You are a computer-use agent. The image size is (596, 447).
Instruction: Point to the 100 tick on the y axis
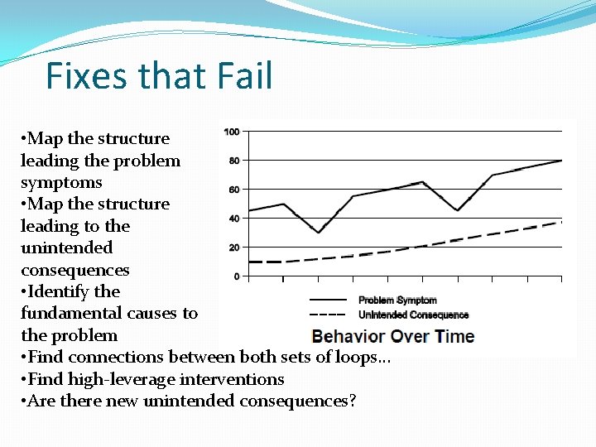[x=232, y=132]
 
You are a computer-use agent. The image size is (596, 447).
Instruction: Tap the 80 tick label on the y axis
[x=234, y=161]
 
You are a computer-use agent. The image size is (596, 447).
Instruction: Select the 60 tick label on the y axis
[x=234, y=190]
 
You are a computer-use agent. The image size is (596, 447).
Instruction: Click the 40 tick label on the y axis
[x=234, y=219]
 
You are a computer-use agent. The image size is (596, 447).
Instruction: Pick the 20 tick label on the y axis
[x=234, y=248]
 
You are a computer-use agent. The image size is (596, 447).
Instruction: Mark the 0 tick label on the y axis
[x=237, y=276]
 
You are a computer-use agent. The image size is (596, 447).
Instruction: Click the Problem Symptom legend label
[x=397, y=300]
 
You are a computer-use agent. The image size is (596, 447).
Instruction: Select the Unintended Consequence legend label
[x=413, y=315]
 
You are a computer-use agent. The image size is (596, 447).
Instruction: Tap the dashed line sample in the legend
[x=328, y=315]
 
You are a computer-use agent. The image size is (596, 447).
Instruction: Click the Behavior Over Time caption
[x=392, y=336]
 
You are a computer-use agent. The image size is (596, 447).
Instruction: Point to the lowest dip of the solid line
[x=319, y=233]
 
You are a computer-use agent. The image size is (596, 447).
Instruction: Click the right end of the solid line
[x=562, y=161]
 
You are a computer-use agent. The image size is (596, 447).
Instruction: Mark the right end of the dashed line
[x=562, y=222]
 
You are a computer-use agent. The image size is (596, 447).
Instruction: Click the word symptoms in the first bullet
[x=61, y=183]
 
